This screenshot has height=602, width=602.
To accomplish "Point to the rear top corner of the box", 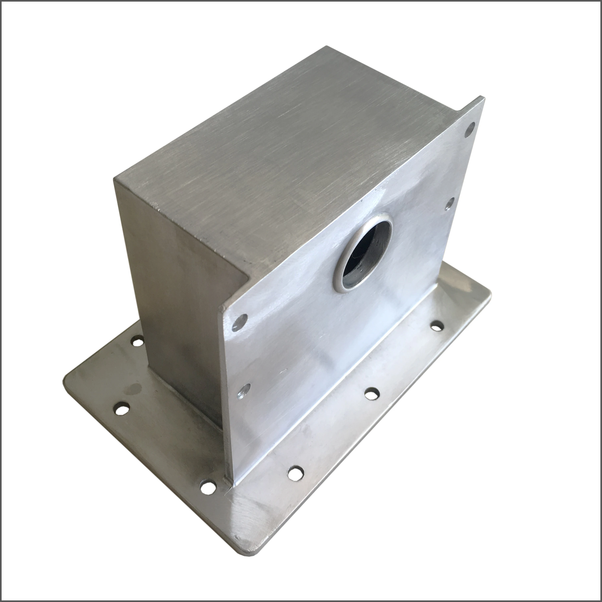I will click(x=326, y=47).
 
